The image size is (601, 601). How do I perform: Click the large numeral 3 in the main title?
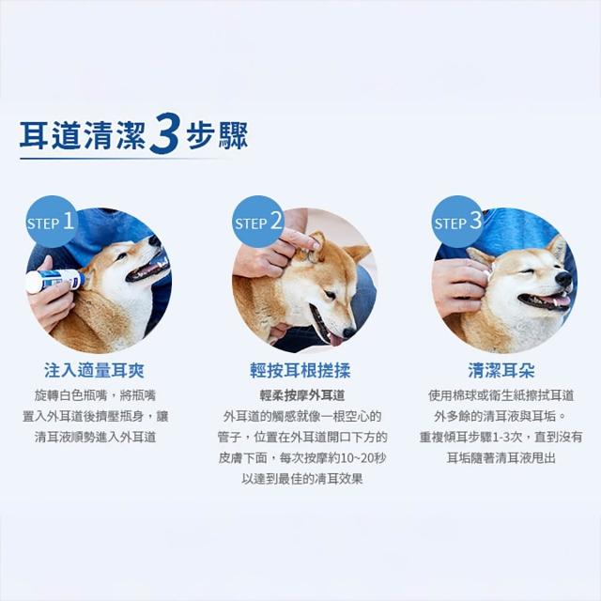164,132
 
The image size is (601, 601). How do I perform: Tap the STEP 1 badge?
52,222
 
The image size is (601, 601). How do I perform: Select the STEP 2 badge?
258,222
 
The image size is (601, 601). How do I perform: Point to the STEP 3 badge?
457,222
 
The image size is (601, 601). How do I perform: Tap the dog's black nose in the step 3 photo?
563,279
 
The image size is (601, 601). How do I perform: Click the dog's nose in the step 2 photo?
349,332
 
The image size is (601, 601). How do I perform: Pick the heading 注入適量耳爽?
94,371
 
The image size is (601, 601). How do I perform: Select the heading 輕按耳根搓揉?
300,371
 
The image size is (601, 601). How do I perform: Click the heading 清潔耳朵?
501,371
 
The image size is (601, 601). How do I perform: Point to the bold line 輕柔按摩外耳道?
302,395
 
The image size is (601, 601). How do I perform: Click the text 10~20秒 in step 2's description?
363,457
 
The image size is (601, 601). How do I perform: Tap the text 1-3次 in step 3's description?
507,437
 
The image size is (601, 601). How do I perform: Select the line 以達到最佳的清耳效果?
302,479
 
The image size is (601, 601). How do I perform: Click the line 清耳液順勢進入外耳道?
96,437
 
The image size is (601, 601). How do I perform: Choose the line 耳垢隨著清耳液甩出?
501,457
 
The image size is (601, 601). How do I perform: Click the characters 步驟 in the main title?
217,135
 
